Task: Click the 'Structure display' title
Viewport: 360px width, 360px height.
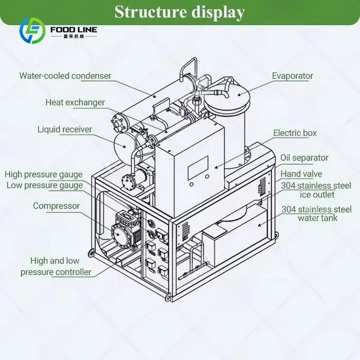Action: tap(179, 12)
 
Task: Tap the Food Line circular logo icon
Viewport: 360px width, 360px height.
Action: tap(32, 31)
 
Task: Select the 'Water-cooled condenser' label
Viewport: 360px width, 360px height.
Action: tap(65, 76)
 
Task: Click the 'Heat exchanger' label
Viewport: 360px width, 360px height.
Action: tap(75, 102)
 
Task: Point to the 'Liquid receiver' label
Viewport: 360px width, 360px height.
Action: tap(65, 130)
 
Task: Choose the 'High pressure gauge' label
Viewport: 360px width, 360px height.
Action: tap(44, 174)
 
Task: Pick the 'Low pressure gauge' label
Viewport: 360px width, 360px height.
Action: tap(45, 186)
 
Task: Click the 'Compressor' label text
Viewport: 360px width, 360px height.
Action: tap(56, 206)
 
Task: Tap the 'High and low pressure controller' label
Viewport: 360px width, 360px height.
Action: tap(56, 266)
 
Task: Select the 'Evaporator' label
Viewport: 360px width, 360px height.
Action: tap(293, 76)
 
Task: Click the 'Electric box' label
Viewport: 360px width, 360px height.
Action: tap(295, 133)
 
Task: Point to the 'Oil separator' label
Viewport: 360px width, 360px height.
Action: tap(304, 158)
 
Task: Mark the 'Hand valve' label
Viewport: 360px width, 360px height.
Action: tap(301, 174)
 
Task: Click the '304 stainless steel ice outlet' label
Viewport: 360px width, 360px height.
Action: tap(316, 190)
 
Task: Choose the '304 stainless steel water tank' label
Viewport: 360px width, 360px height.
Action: tap(317, 213)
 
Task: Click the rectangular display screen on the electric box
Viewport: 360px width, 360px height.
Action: tap(198, 168)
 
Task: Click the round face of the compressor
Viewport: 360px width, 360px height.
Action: tap(118, 234)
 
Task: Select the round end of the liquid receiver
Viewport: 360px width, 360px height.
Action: tap(123, 146)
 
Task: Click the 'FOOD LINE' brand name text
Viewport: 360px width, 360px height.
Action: tap(74, 30)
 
